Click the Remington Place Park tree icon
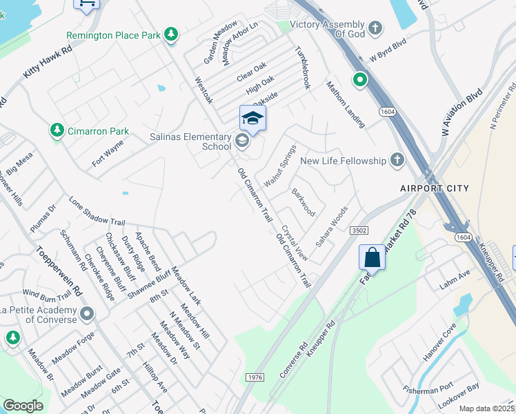coord(171,34)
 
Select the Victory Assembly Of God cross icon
coord(375,28)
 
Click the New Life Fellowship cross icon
coord(397,160)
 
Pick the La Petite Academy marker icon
coord(87,315)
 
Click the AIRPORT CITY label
coord(435,188)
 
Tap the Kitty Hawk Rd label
coord(48,61)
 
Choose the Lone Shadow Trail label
coord(97,211)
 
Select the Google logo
coord(23,405)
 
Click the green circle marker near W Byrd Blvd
coord(359,80)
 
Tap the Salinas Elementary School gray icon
coord(241,141)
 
